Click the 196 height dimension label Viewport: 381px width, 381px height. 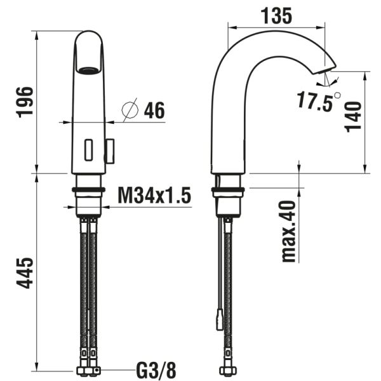click(25, 101)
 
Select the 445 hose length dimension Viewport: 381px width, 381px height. click(25, 273)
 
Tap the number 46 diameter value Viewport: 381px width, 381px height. click(154, 110)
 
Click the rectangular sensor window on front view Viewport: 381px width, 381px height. click(89, 150)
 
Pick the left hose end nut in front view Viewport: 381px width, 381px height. click(83, 370)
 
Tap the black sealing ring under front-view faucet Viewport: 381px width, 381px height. click(89, 189)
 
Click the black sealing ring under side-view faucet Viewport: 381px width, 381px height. click(227, 189)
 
